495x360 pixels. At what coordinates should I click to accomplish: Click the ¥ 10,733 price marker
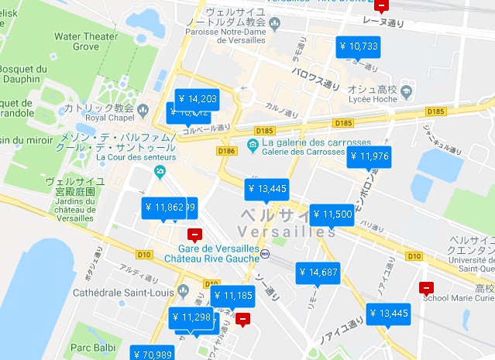coord(359,47)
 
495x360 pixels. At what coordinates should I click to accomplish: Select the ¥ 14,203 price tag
coord(198,98)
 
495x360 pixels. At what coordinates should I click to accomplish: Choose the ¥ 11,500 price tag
coord(332,214)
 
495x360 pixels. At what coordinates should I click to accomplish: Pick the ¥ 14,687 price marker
coord(318,273)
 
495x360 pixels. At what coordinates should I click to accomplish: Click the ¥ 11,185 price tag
coord(232,296)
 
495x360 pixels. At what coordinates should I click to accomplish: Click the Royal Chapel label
coord(105,118)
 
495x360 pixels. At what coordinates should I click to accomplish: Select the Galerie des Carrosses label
coord(302,152)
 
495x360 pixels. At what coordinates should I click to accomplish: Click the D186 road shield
coord(227,150)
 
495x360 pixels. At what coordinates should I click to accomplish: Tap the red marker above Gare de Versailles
coord(194,234)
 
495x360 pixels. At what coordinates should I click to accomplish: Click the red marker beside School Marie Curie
coord(425,288)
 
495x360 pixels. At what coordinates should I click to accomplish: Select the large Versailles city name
coord(287,223)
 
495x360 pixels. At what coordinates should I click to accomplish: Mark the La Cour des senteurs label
coord(136,157)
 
